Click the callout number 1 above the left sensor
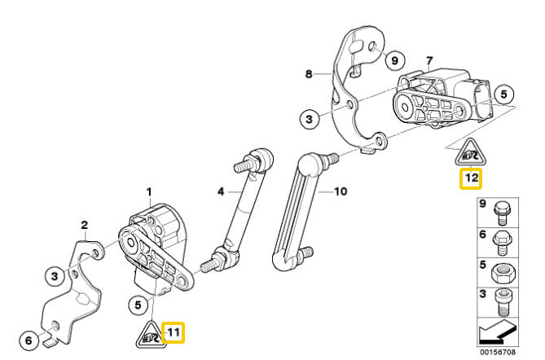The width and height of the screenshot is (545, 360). click(x=149, y=191)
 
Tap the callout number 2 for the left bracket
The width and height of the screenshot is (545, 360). click(x=83, y=225)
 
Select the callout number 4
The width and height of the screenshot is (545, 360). click(x=219, y=192)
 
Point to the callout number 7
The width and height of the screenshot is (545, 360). click(x=430, y=62)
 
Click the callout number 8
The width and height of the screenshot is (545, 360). click(x=309, y=74)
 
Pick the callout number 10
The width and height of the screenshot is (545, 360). click(x=341, y=192)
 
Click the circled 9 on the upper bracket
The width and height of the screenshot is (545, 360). click(x=393, y=60)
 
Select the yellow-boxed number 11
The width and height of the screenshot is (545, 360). click(x=173, y=331)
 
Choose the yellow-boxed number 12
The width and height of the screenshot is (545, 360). click(x=471, y=178)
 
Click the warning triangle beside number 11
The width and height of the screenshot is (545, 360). click(x=147, y=333)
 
